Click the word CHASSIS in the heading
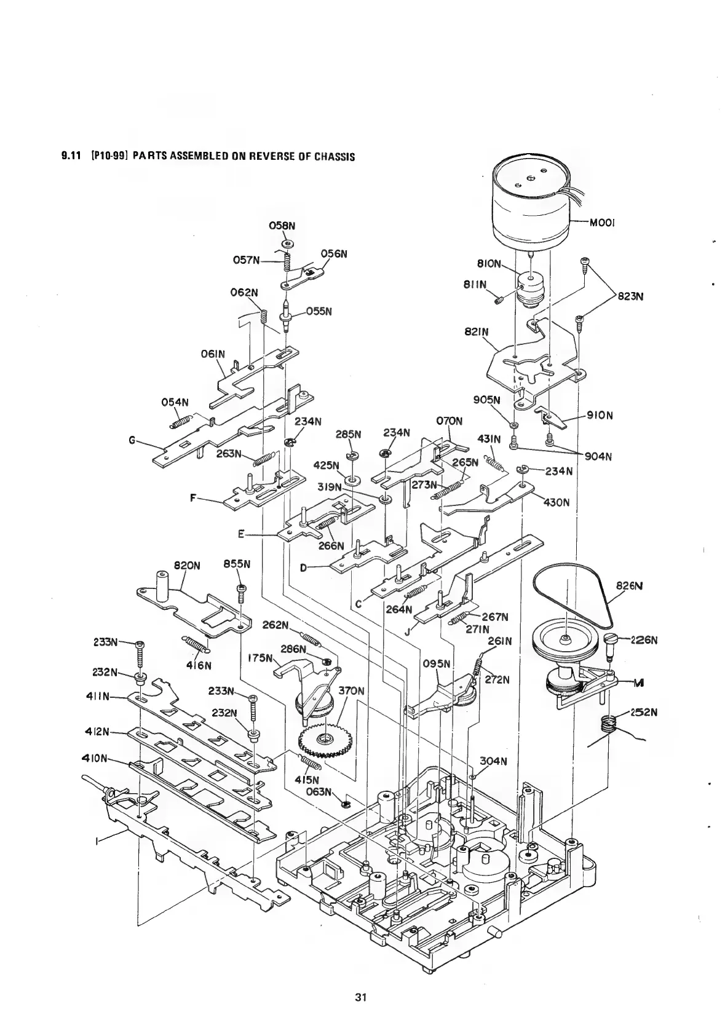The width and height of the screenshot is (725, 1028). pyautogui.click(x=335, y=156)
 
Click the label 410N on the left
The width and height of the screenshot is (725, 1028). pyautogui.click(x=95, y=757)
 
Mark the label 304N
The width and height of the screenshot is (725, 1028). pyautogui.click(x=494, y=762)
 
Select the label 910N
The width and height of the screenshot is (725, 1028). pyautogui.click(x=600, y=415)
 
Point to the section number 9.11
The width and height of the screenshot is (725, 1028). pyautogui.click(x=68, y=156)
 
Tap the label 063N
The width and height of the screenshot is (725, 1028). pyautogui.click(x=320, y=791)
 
